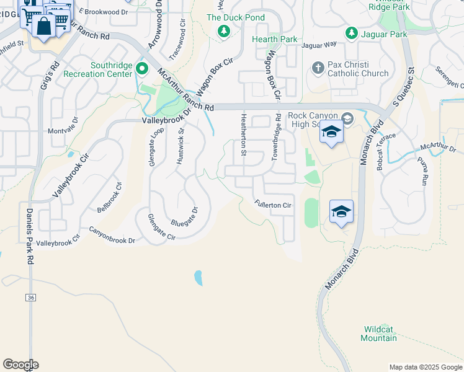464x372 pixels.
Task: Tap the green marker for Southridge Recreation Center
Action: click(141, 68)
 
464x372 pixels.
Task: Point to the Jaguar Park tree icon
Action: click(351, 33)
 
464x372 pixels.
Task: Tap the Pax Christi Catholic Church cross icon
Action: click(318, 68)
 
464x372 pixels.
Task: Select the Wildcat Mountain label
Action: click(379, 333)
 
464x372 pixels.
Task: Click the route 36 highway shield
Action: click(31, 298)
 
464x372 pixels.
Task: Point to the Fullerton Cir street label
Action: click(273, 204)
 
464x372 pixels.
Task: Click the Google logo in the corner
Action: click(20, 365)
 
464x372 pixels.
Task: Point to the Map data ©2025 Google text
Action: click(425, 367)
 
